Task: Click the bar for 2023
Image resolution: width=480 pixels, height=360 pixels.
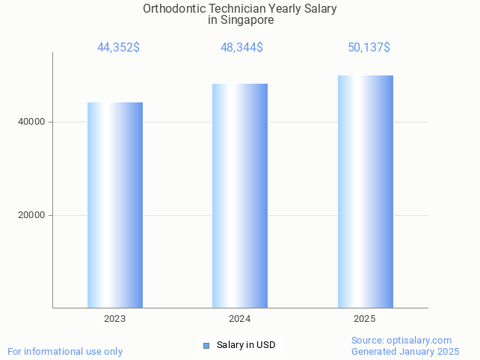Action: coord(115,205)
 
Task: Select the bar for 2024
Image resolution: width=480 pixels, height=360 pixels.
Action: coord(240,196)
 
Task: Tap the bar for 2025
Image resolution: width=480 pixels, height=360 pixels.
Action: coord(365,191)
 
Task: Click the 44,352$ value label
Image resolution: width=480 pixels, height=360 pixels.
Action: coord(118,48)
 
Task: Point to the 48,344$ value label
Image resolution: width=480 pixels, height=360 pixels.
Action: coord(241,48)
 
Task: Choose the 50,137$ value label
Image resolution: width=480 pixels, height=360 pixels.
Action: coord(369,48)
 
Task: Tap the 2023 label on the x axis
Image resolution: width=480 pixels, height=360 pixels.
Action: coord(115,319)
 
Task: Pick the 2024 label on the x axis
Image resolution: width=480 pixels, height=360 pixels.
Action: coord(240,319)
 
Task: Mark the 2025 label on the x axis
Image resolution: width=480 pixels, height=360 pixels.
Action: coord(365,319)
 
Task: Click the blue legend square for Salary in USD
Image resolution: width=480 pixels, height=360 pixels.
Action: coord(206,345)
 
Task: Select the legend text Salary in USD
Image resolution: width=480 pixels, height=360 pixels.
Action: coord(246,345)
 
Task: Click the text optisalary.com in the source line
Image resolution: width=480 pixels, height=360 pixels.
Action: coord(419,341)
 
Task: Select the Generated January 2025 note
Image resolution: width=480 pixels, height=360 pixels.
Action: coord(405,351)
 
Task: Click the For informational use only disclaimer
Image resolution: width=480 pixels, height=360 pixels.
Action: coord(65,351)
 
